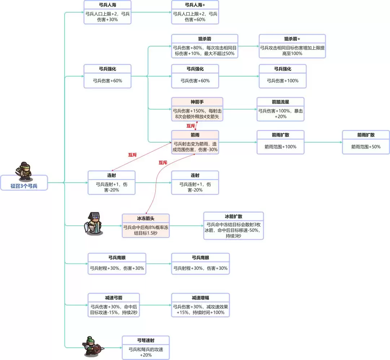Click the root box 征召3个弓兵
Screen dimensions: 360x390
[x=24, y=186]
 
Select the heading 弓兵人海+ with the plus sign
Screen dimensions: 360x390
[x=195, y=5]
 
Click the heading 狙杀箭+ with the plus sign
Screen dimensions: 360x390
[x=292, y=39]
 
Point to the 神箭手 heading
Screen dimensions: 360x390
[x=197, y=102]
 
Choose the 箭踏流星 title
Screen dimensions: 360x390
[x=280, y=102]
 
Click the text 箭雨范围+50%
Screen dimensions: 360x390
[x=366, y=147]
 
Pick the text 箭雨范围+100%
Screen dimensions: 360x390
[x=280, y=147]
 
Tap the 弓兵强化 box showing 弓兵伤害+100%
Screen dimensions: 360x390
[x=282, y=76]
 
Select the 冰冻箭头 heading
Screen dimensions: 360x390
[x=146, y=218]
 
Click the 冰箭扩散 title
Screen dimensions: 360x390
[x=233, y=217]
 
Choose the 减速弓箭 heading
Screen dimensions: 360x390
[x=113, y=298]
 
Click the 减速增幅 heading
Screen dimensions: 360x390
[x=200, y=298]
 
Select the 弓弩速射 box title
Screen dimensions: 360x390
[x=146, y=341]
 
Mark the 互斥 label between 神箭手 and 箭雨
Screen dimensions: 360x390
[x=191, y=126]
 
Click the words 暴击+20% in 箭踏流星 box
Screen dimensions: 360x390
[x=280, y=117]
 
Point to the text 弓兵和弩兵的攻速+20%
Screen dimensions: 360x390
[x=146, y=352]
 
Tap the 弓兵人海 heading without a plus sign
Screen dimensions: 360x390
[x=107, y=5]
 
